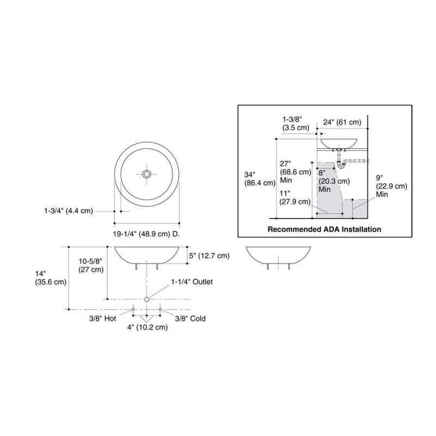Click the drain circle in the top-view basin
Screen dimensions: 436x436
tap(147, 174)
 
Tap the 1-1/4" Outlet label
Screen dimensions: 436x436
tap(192, 282)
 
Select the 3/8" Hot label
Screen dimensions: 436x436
tap(102, 318)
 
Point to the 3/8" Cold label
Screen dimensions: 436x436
tap(190, 318)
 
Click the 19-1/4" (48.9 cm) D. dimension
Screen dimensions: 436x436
tap(146, 234)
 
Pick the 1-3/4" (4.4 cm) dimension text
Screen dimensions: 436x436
tap(69, 211)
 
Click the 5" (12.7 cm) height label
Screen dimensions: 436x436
tap(209, 256)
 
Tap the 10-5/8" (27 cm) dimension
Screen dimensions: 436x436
tap(91, 265)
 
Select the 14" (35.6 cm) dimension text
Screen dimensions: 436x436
tap(51, 278)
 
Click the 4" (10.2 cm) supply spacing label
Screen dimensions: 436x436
tap(147, 327)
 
